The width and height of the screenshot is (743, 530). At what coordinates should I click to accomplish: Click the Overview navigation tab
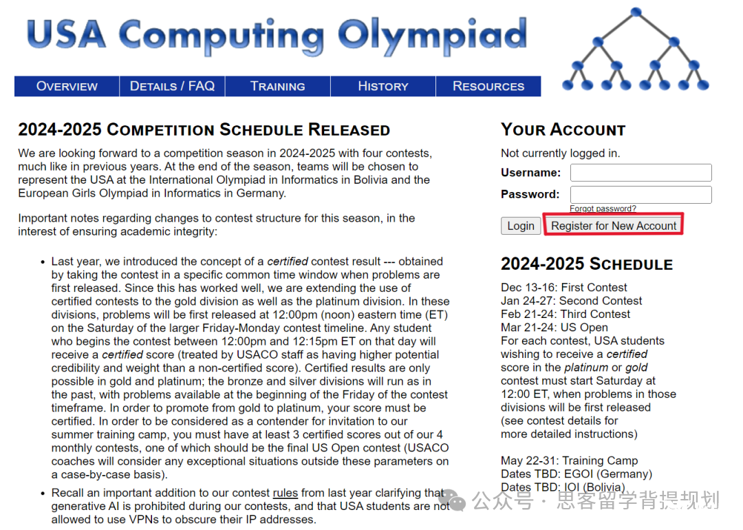coord(67,86)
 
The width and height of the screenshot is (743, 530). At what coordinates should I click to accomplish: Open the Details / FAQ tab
coord(172,86)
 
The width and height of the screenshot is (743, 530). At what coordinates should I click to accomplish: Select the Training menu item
coord(277,86)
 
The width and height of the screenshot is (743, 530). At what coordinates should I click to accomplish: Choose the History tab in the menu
coord(383,86)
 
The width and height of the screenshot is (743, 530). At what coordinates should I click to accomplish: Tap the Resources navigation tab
coord(488,86)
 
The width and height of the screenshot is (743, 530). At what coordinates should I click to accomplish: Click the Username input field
coord(640,172)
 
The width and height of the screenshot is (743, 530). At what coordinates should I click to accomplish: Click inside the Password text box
coord(640,194)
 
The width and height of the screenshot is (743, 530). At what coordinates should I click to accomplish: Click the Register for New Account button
coord(614,226)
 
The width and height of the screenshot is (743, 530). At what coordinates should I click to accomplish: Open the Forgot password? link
coord(603,209)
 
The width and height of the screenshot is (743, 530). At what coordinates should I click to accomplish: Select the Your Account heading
coord(563,129)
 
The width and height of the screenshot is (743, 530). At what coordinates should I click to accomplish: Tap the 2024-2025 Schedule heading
coord(586,264)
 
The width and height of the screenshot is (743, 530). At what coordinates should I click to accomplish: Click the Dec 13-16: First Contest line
coord(564,287)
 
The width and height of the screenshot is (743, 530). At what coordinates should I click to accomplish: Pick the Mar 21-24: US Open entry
coord(554,327)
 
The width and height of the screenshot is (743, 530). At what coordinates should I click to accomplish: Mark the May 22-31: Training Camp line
coord(569,460)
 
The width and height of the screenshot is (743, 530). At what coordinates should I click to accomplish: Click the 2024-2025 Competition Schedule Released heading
coord(204,129)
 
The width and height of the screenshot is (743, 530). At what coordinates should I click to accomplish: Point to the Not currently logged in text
coord(560,153)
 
